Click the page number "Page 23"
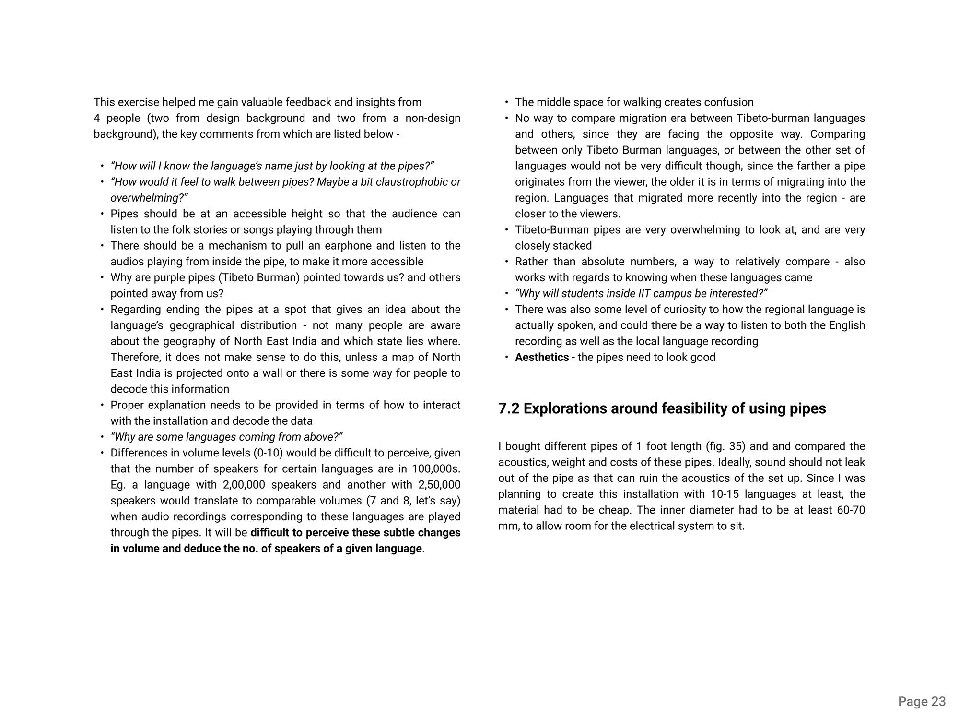922,702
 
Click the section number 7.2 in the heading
509,408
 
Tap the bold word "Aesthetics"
542,357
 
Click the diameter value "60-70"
851,510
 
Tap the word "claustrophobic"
403,182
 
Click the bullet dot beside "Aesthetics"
506,358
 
